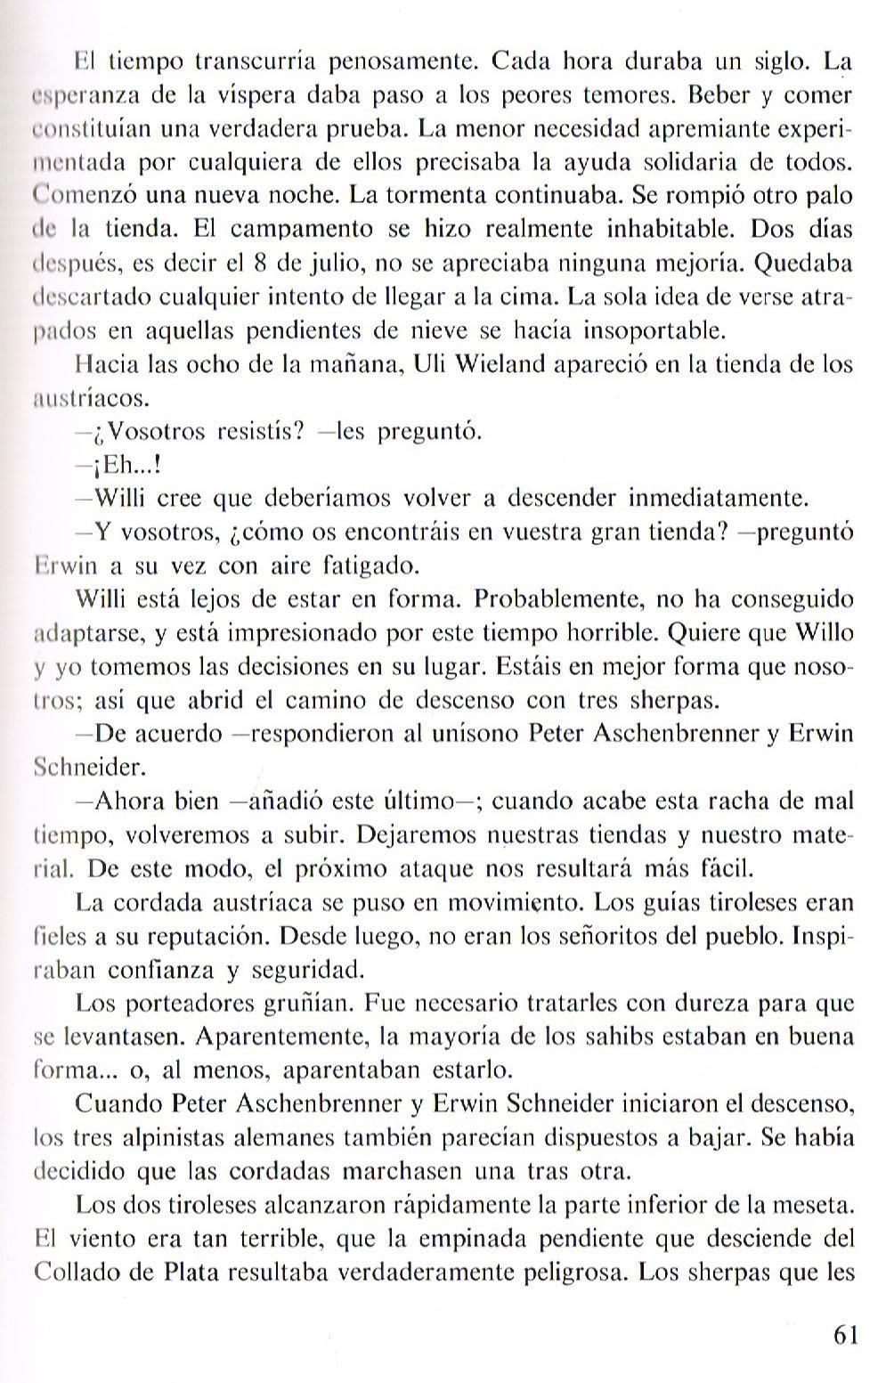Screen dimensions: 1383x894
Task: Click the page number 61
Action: [x=844, y=1336]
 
